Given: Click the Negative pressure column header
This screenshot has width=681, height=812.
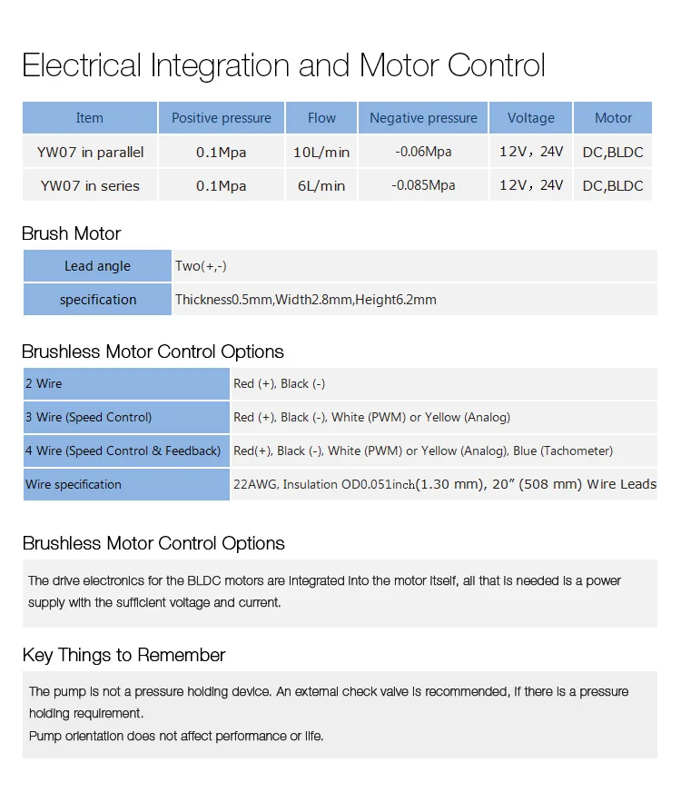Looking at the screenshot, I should click(x=423, y=118).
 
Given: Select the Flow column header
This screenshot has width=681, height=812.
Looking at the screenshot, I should click(x=321, y=118).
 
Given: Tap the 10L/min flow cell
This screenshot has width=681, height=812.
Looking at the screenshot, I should click(x=321, y=152).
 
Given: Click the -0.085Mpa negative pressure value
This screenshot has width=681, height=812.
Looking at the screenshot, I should click(x=423, y=185).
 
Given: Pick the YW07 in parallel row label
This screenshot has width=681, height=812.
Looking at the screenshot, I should click(x=90, y=152).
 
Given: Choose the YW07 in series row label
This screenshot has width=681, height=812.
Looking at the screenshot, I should click(x=90, y=185).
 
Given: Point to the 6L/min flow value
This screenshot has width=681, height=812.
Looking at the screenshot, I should click(x=321, y=185).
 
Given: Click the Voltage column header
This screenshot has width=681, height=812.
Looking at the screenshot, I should click(x=530, y=118).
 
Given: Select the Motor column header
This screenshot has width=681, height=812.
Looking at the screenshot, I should click(x=613, y=118).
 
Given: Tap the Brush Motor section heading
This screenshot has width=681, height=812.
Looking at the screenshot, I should click(x=71, y=233).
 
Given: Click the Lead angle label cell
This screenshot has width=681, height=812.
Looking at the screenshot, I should click(x=97, y=266).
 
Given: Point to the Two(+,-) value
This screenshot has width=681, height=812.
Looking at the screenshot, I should click(x=201, y=266).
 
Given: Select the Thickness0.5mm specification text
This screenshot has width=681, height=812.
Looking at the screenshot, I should click(x=223, y=300).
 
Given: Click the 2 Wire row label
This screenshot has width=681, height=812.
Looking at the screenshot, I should click(x=44, y=383).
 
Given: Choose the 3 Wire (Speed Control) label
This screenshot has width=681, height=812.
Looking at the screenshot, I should click(x=88, y=417).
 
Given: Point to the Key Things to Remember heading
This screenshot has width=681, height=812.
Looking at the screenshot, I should click(x=123, y=655).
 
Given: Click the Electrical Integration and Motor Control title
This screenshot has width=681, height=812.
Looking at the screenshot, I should click(x=283, y=65).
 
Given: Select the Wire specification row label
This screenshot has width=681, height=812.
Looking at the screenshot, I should click(x=73, y=484).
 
